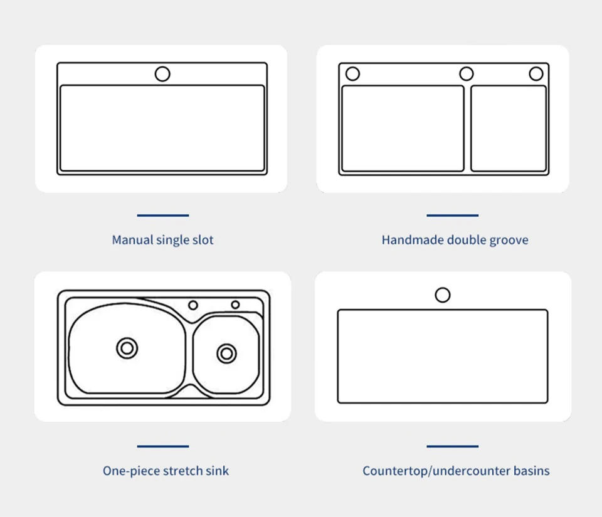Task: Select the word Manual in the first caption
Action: pos(133,240)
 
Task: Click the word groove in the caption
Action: pos(509,241)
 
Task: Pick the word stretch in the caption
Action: pos(181,471)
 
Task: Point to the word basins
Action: pos(531,471)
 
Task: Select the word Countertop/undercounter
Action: pos(436,471)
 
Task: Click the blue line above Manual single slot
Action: pos(163,216)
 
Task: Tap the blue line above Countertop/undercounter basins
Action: pos(452,446)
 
